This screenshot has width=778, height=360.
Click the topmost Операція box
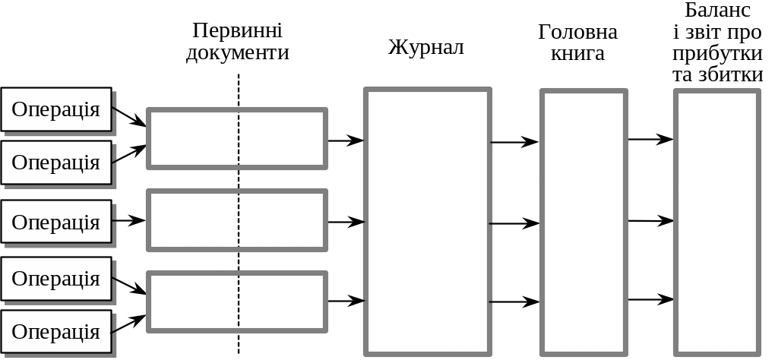tap(56, 109)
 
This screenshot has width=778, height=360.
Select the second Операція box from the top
tap(56, 162)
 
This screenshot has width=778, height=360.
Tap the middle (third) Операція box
tap(56, 222)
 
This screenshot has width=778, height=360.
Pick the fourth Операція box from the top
tap(56, 278)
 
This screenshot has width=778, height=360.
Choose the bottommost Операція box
tap(56, 331)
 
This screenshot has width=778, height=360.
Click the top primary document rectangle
tap(237, 138)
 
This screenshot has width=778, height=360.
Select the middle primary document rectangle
tap(237, 220)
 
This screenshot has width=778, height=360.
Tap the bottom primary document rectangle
tap(237, 302)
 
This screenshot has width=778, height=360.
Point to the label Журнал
tap(426, 47)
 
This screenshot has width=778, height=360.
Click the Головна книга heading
tap(577, 43)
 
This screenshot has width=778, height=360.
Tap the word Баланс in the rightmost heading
tap(718, 11)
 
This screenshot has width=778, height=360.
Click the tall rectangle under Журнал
tap(426, 221)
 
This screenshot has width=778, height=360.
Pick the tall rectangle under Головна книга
tap(583, 221)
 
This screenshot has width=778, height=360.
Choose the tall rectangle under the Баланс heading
tap(718, 221)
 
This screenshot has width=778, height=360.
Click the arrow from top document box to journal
tap(346, 141)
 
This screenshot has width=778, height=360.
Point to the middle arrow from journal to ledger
tap(514, 223)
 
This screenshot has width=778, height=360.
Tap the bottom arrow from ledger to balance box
tap(650, 299)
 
